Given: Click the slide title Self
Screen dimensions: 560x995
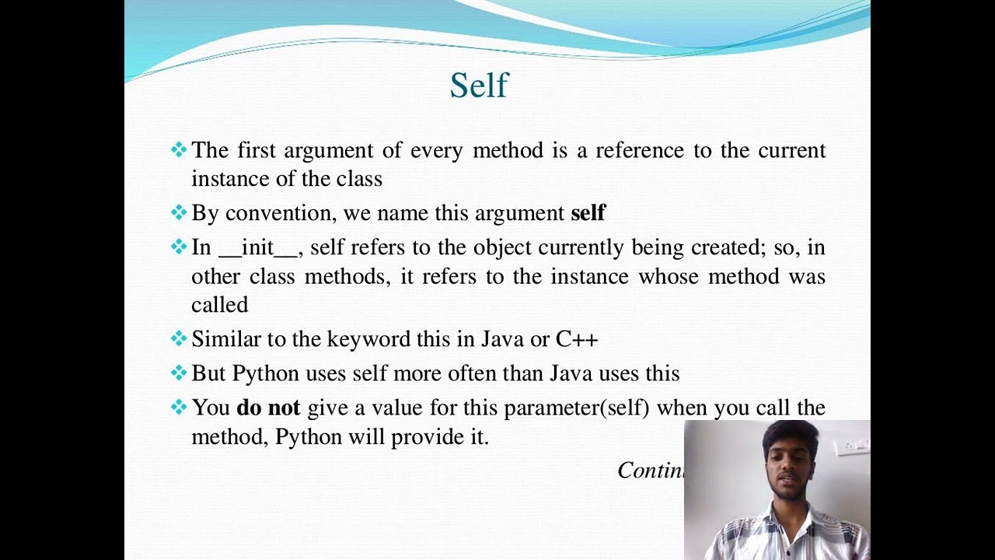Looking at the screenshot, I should click(x=479, y=86).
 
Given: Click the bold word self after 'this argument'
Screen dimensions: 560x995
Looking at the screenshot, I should click(x=588, y=213).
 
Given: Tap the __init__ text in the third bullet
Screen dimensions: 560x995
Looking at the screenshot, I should click(x=257, y=248).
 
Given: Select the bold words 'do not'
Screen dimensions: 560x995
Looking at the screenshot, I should click(x=269, y=408).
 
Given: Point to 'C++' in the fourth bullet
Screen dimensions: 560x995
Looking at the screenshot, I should click(x=577, y=339).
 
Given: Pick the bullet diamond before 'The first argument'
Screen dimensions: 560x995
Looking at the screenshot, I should click(x=179, y=149).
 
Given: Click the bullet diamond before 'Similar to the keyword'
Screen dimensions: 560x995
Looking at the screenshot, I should click(x=179, y=338).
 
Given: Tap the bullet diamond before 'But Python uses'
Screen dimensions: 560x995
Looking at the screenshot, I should click(x=179, y=373).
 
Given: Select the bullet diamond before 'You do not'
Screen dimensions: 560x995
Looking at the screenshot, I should click(x=179, y=407).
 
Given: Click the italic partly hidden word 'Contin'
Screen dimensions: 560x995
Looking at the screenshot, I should click(x=650, y=470).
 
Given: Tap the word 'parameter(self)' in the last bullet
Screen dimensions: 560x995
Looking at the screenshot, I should click(x=576, y=408).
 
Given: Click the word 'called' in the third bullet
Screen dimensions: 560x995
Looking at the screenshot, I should click(x=219, y=305).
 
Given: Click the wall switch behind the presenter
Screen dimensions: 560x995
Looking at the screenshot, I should click(x=855, y=446).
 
